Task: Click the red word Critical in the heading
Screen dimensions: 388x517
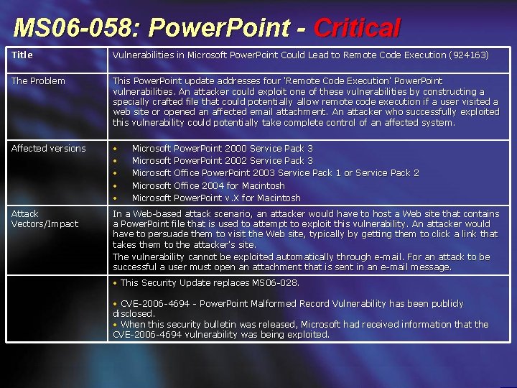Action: [356, 28]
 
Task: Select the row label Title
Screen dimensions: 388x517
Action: [22, 55]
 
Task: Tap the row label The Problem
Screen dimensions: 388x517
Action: [38, 80]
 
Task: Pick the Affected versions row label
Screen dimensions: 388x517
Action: [48, 148]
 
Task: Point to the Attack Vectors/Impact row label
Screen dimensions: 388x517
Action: [45, 218]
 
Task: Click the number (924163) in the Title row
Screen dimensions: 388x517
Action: [469, 55]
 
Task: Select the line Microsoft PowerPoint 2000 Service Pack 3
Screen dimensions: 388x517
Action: [222, 148]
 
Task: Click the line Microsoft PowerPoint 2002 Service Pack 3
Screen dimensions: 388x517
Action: [222, 160]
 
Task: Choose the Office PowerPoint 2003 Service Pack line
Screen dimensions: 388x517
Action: [275, 172]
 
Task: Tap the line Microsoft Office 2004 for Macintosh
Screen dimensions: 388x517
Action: [208, 185]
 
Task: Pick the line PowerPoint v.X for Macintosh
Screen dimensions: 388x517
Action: [216, 198]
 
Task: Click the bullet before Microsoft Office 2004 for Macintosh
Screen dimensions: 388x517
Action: [116, 185]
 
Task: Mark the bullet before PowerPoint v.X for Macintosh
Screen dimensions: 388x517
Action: [116, 198]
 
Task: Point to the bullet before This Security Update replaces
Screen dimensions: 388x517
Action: [116, 282]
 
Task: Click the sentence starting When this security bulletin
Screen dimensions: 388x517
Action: [300, 324]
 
